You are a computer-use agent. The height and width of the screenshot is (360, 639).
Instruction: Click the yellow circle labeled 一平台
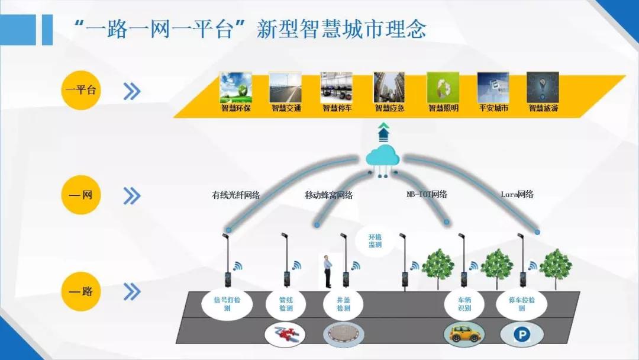coord(80,89)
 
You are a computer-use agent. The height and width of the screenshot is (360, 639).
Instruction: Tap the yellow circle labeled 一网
coord(80,195)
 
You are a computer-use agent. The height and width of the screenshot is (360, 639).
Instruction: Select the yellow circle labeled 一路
coord(80,291)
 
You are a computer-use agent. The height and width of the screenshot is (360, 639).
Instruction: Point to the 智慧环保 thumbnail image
coord(236,88)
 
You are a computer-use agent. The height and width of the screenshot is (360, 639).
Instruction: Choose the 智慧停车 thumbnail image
coord(336,88)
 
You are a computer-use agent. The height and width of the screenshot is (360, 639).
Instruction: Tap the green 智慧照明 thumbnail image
coord(443,88)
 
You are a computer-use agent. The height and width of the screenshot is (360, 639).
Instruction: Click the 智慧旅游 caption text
coord(543,108)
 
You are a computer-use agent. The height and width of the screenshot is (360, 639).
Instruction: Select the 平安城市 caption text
coord(493,108)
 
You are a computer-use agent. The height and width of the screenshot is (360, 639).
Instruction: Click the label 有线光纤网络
coord(236,195)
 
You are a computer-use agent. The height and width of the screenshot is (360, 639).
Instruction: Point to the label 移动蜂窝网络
coord(329,195)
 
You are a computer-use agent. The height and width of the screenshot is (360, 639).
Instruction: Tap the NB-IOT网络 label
coord(427,194)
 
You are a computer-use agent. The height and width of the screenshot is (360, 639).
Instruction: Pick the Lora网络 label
coord(517,194)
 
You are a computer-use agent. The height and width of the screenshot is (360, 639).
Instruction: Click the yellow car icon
coord(464,332)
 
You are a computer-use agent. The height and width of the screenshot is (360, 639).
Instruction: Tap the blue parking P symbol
coord(522,335)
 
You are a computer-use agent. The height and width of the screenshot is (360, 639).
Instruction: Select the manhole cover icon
coord(344,333)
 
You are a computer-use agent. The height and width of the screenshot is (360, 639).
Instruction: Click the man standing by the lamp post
coord(327,272)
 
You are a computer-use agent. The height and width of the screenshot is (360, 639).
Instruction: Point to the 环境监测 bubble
coord(375,240)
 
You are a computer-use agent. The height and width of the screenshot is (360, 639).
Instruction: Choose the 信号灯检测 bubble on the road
coord(227,304)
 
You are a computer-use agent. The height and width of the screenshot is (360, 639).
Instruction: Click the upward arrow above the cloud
coord(383,132)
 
